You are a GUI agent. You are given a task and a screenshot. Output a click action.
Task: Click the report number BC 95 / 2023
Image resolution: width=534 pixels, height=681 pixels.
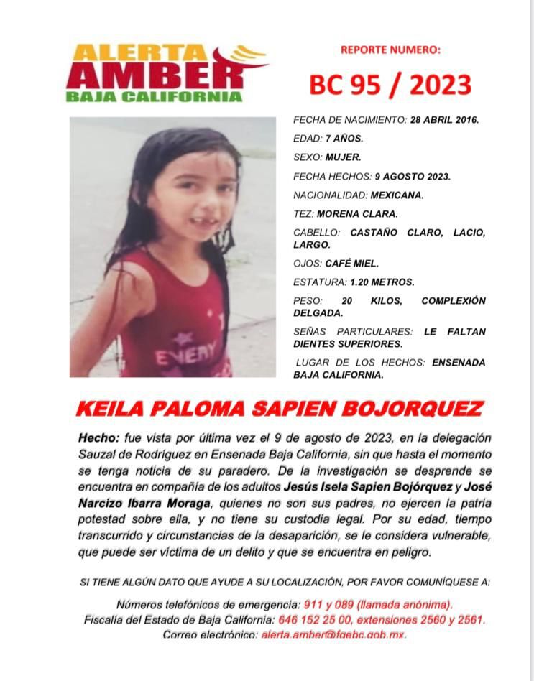[390, 85]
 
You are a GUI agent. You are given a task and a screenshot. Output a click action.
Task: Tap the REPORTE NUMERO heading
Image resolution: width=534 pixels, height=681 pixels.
[390, 50]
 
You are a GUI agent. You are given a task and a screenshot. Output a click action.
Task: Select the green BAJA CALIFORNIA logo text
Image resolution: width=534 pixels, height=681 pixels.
[154, 96]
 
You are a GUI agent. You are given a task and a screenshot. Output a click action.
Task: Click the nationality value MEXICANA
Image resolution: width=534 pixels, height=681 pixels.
[397, 195]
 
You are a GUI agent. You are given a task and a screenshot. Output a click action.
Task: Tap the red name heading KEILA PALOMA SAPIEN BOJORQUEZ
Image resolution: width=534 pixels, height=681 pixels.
[279, 409]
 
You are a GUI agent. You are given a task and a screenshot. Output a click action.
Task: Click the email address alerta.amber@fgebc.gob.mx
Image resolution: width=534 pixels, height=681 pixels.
[333, 635]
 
